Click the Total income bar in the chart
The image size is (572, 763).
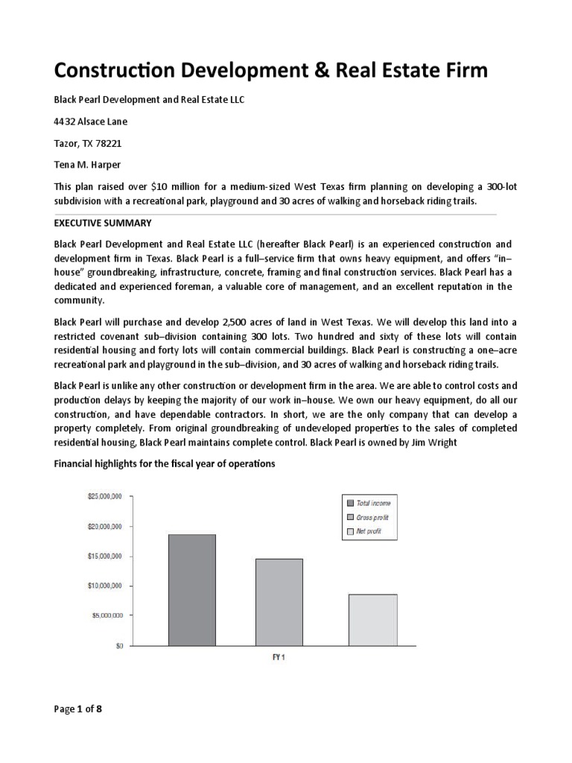[x=192, y=589]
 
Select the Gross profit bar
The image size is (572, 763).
[x=279, y=601]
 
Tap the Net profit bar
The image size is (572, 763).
[x=372, y=619]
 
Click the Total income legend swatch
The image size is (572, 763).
[x=350, y=504]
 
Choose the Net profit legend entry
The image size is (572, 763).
[x=369, y=531]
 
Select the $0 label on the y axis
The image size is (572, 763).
[x=119, y=646]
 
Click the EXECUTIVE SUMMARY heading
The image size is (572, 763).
[x=103, y=223]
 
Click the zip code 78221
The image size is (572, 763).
[x=109, y=142]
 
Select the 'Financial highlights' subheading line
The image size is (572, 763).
[x=165, y=463]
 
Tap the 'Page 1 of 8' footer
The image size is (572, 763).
[x=78, y=709]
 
